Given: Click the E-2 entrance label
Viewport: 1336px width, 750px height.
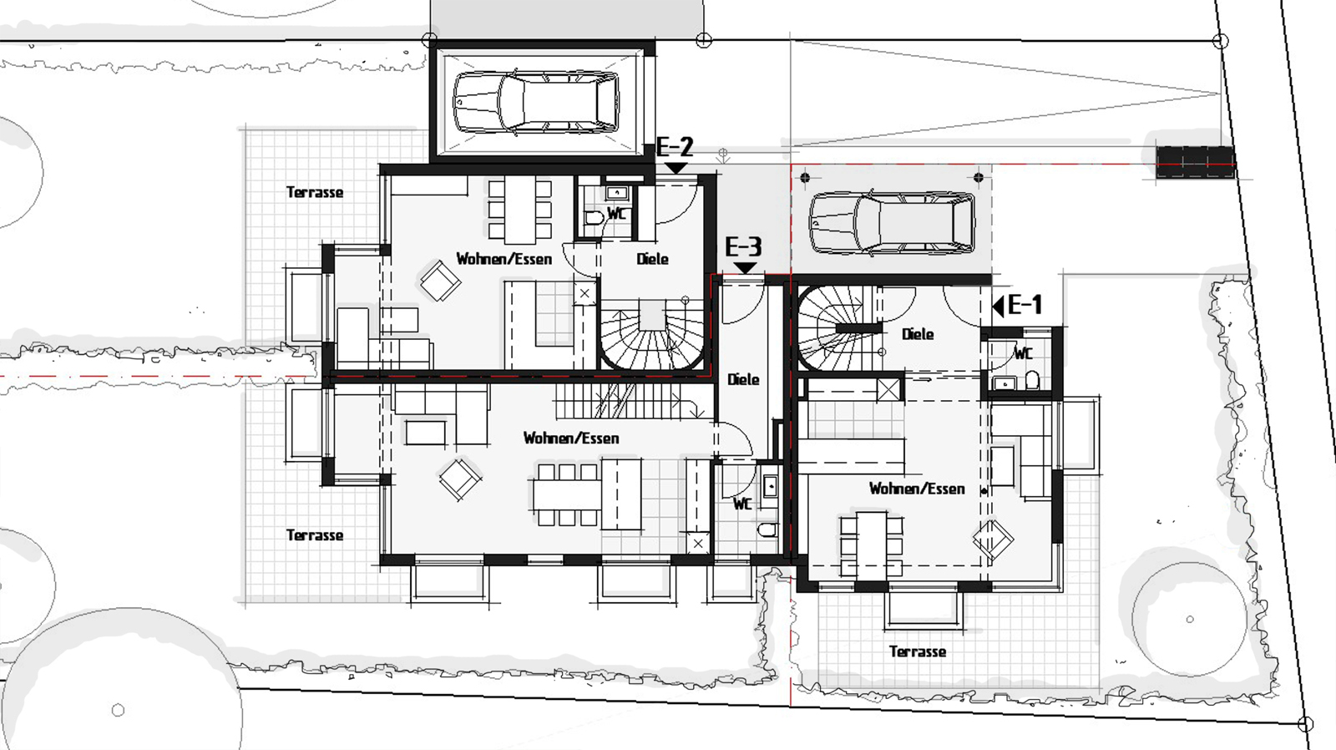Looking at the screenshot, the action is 676,147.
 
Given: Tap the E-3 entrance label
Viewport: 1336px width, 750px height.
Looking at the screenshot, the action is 743,247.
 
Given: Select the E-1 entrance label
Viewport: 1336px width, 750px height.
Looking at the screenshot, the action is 1025,305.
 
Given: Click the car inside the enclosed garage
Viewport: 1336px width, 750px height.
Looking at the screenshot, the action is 535,103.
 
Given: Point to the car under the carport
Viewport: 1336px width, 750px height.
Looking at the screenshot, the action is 893,223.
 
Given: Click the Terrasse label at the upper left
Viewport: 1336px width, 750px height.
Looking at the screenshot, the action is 315,192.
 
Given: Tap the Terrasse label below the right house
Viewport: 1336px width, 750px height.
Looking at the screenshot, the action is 918,651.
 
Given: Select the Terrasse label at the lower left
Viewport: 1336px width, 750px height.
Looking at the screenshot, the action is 315,535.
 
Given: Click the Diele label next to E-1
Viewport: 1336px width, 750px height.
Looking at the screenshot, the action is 918,334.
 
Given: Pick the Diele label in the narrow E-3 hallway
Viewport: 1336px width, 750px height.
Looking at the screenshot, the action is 743,379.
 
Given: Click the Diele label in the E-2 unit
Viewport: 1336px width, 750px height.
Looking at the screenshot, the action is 652,259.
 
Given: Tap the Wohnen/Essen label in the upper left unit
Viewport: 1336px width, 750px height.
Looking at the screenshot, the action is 504,259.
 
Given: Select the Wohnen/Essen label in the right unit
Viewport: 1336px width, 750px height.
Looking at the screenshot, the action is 917,489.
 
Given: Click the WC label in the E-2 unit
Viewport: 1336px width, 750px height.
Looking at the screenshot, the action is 617,213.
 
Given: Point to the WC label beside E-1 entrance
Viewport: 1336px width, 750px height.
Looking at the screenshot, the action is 1023,354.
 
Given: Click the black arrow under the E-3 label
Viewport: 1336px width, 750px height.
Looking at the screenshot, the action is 745,268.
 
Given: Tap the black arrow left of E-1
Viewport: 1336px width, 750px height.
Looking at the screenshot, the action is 998,307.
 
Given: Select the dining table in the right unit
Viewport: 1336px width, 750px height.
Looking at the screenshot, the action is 872,545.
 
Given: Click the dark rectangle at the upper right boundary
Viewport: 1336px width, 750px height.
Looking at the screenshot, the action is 1195,162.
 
